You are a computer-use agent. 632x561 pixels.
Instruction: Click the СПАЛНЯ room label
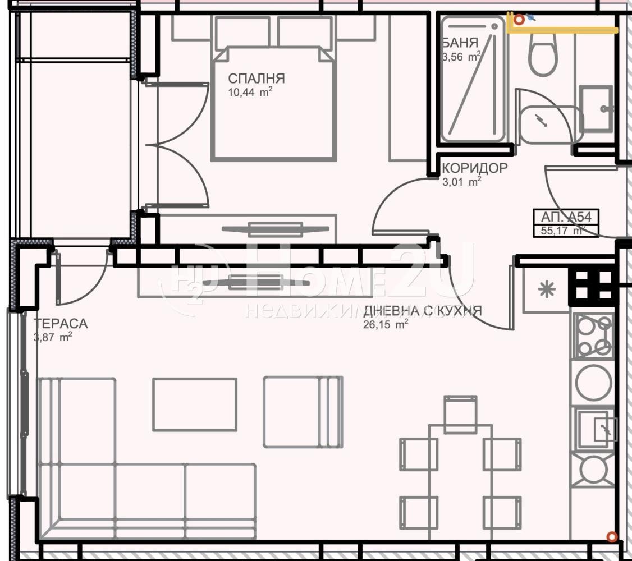click(257, 78)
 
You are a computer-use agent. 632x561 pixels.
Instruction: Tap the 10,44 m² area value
click(250, 92)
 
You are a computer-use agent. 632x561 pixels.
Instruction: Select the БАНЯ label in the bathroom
click(460, 43)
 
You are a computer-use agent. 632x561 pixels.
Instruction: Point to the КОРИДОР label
click(474, 168)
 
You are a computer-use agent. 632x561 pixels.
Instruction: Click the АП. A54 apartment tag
click(566, 217)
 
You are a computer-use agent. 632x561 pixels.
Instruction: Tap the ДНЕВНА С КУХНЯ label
click(423, 311)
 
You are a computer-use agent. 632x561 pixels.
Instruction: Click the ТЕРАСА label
click(61, 323)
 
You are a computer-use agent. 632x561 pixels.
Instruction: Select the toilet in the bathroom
click(543, 54)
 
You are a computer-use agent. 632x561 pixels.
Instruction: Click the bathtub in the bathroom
click(473, 79)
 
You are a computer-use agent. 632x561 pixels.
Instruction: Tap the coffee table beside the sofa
click(195, 404)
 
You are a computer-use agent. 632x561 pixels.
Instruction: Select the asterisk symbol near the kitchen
click(547, 289)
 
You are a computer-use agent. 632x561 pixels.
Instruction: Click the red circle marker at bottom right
click(612, 536)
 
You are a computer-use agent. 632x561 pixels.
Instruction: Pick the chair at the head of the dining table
click(461, 414)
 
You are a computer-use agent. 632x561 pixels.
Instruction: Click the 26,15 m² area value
click(386, 324)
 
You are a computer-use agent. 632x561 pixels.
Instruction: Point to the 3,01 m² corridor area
click(462, 182)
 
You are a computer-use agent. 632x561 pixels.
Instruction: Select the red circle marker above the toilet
click(519, 19)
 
